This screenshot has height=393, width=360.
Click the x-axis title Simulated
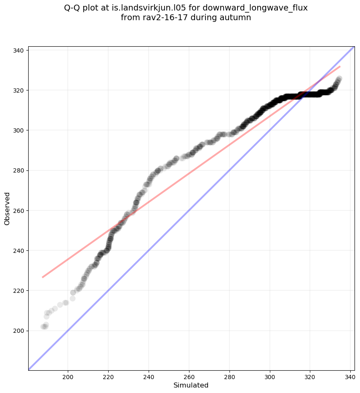coord(191,385)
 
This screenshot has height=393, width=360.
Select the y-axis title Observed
coord(7,209)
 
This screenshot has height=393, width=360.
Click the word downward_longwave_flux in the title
coord(255,8)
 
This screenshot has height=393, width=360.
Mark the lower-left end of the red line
coord(43,277)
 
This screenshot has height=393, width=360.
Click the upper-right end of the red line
coord(340,66)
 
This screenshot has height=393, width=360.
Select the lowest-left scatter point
coord(43,327)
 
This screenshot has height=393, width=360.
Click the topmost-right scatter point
coord(339,79)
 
